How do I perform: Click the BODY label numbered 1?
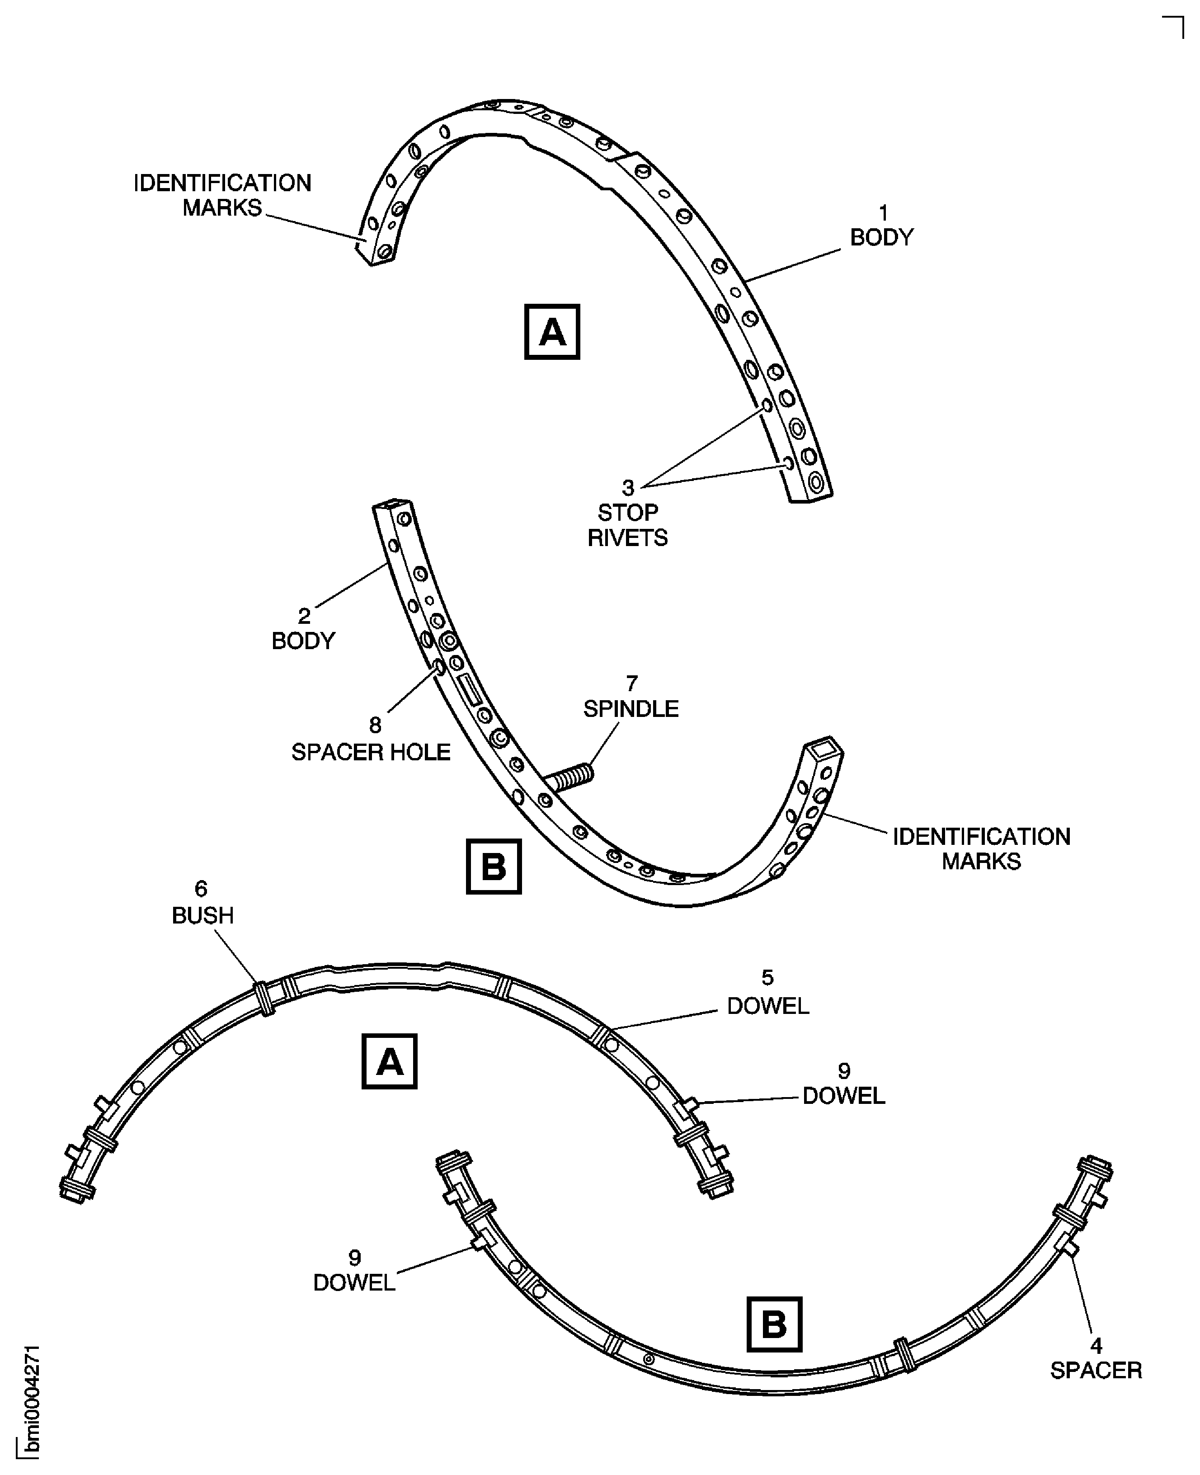[881, 237]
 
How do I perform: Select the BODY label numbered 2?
[303, 641]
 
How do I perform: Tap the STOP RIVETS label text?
[628, 525]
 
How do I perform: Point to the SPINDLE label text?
[631, 708]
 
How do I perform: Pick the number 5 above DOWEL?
[767, 977]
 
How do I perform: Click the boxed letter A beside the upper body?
[551, 332]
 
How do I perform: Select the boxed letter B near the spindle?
[494, 866]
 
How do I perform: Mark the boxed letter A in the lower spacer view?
[389, 1061]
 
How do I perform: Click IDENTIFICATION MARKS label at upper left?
[222, 195]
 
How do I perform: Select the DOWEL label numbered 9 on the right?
[843, 1096]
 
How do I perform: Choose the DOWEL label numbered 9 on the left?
[354, 1282]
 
